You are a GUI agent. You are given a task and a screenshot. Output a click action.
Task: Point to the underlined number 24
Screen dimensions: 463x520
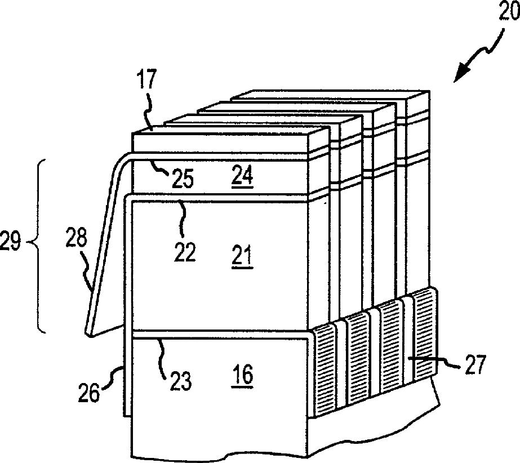tap(242, 177)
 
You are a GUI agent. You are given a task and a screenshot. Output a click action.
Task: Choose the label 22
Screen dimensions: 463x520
tap(184, 252)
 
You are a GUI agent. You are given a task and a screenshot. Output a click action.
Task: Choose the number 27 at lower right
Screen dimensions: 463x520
tap(474, 367)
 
